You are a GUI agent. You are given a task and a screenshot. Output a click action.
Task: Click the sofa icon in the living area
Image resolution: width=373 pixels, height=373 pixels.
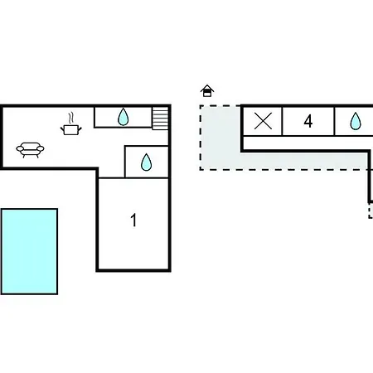[30, 150]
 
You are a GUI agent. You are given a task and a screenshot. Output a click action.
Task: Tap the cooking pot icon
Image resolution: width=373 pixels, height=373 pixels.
[71, 129]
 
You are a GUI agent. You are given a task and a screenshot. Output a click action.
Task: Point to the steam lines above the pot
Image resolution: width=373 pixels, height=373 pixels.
[71, 118]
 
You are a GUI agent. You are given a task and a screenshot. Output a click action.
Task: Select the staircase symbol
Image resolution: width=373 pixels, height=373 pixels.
[160, 119]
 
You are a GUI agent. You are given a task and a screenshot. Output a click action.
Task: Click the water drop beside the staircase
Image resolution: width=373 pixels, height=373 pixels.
[123, 117]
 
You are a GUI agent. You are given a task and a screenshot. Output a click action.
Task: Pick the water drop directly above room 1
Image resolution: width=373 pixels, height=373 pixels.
[146, 162]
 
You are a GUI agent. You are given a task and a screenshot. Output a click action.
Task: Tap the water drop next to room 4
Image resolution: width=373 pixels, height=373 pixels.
[356, 121]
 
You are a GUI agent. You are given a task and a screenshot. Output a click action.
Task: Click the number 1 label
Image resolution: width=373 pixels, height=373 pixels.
[133, 220]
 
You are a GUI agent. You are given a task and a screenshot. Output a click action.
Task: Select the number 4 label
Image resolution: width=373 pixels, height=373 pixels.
[308, 121]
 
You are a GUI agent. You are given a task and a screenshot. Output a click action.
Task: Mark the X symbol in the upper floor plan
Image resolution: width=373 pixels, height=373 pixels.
[263, 121]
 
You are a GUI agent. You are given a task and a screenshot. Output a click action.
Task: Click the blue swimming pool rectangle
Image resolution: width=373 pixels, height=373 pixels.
[29, 251]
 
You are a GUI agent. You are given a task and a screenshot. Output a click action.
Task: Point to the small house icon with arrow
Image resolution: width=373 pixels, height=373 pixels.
[207, 91]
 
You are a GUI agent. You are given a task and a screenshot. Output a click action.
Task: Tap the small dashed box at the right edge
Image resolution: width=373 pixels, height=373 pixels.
[371, 211]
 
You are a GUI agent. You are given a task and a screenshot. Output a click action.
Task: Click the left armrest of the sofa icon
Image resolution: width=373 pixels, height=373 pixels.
[20, 149]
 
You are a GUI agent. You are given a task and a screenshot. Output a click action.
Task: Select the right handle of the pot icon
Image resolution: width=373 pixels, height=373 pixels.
[80, 128]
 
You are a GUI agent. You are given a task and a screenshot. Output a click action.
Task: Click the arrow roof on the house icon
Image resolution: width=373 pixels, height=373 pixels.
[207, 87]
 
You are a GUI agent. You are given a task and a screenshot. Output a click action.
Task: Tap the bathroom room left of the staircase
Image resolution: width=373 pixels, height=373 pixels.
[123, 117]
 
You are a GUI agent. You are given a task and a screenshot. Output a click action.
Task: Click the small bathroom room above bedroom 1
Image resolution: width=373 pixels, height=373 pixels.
[147, 162]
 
